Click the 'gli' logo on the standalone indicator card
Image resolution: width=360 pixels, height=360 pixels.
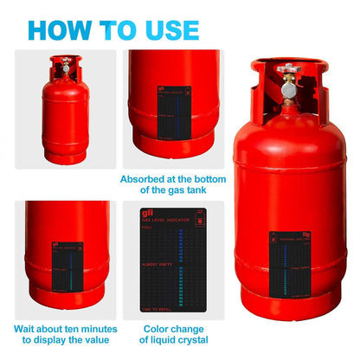[146, 213]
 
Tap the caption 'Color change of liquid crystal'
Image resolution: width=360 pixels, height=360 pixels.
[175, 335]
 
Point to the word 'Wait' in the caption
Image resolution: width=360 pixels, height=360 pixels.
[25, 329]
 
